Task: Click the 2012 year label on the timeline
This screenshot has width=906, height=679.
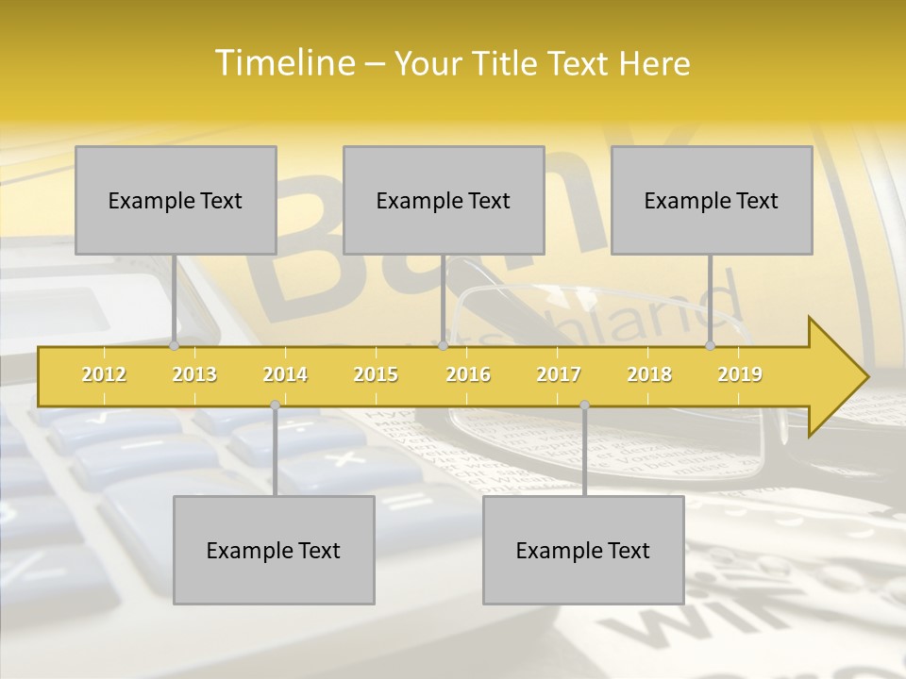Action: pos(104,374)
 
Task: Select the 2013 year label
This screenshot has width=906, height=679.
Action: pos(194,374)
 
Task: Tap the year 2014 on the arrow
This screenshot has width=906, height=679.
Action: pos(285,374)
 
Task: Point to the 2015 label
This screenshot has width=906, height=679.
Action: pos(376,374)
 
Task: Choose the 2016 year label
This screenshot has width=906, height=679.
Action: pos(468,374)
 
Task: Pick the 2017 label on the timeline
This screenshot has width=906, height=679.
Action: pos(559,374)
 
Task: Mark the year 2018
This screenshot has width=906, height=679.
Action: pos(649,374)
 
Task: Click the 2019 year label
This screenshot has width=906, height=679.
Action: pos(740,374)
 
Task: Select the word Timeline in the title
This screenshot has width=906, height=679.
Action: pos(284,63)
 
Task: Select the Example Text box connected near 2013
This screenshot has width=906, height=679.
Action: pos(176,200)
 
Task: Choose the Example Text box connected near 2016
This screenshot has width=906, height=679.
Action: pos(444,200)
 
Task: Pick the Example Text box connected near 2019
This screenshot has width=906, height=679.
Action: pos(712,200)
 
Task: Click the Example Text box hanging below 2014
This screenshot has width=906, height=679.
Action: pos(274,550)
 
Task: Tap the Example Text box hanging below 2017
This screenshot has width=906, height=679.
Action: pos(583,550)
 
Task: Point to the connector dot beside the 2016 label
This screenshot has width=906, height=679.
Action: pos(443,346)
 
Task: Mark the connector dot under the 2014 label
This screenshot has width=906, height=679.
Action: pos(275,405)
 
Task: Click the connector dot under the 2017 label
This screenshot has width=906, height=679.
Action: pos(584,405)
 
